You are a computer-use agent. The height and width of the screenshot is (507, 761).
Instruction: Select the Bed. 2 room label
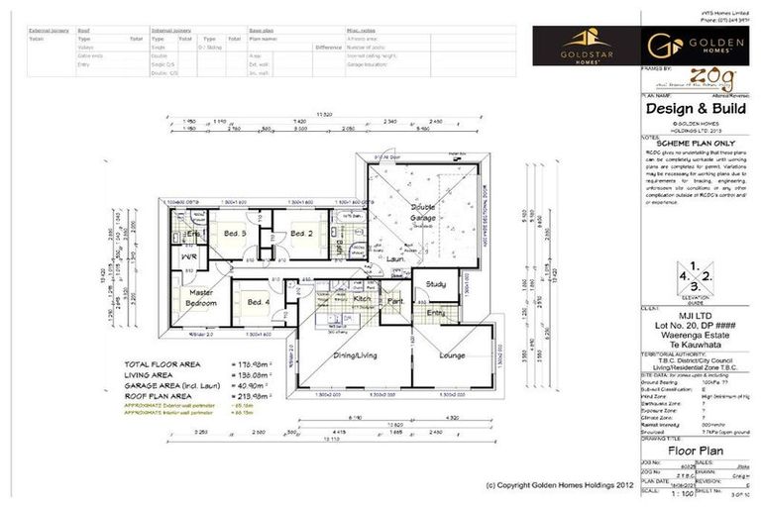tap(301, 233)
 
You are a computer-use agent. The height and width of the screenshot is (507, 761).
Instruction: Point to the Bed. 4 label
tap(259, 302)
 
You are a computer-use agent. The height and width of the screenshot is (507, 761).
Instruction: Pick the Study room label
tap(435, 284)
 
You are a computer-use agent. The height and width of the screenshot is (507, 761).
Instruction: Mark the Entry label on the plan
tap(435, 313)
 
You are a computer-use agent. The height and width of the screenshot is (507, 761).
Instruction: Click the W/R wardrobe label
tap(188, 255)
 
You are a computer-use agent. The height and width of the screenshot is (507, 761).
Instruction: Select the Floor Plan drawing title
tap(698, 450)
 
